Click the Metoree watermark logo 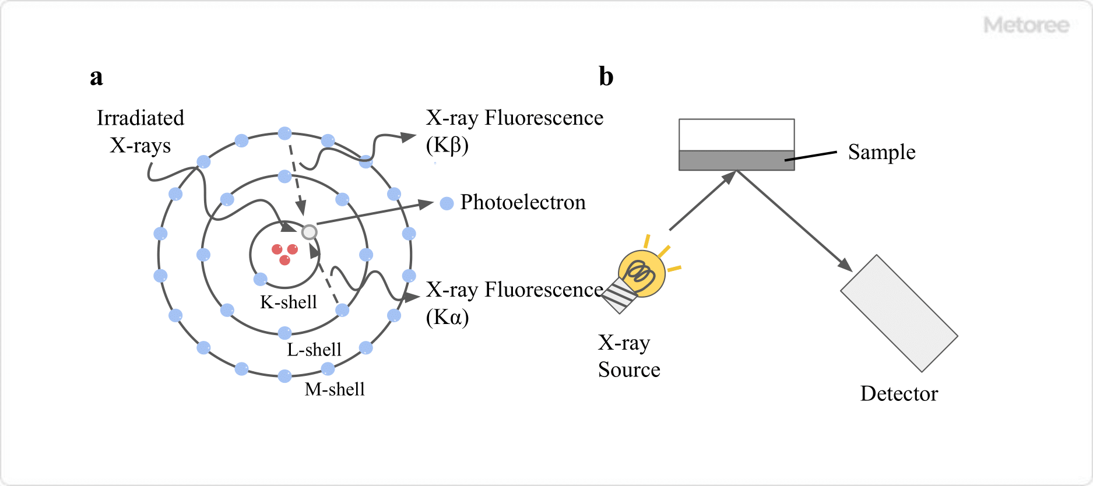click(x=1027, y=25)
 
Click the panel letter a click(x=96, y=77)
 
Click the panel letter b click(x=606, y=77)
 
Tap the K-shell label click(x=289, y=302)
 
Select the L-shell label click(x=314, y=350)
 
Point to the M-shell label click(x=335, y=389)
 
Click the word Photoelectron click(x=523, y=202)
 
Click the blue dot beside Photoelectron click(x=447, y=203)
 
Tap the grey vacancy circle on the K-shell click(x=309, y=232)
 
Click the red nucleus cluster click(x=284, y=253)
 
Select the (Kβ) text click(x=447, y=145)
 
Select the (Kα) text click(x=447, y=317)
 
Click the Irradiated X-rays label click(x=140, y=131)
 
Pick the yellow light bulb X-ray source click(x=642, y=273)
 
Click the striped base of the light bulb click(x=618, y=296)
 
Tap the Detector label click(x=899, y=394)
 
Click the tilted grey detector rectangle click(x=899, y=313)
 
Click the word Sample click(x=881, y=152)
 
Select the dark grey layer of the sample click(x=736, y=160)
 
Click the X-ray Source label click(x=629, y=356)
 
